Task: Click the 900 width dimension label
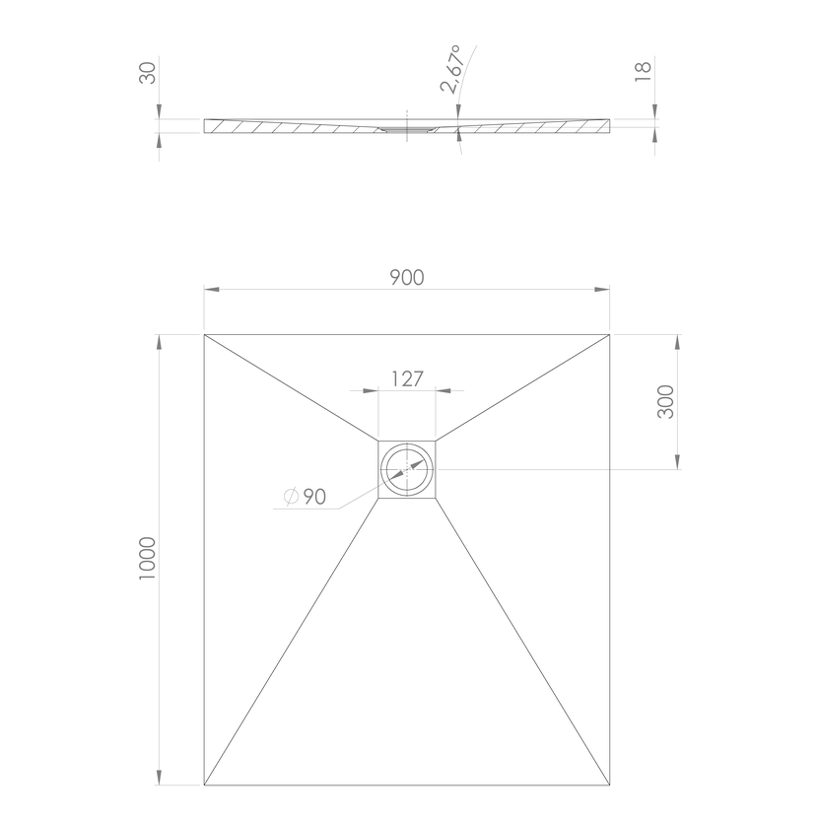coord(407,278)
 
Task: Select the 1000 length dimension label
coord(148,558)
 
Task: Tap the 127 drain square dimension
coord(407,379)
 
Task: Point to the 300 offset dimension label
coord(665,402)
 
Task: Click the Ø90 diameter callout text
coord(306,497)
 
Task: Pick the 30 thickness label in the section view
coord(148,73)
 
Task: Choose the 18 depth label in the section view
coord(644,72)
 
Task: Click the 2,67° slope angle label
coord(451,69)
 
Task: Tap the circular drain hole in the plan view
coord(407,469)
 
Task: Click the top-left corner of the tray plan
coord(204,334)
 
